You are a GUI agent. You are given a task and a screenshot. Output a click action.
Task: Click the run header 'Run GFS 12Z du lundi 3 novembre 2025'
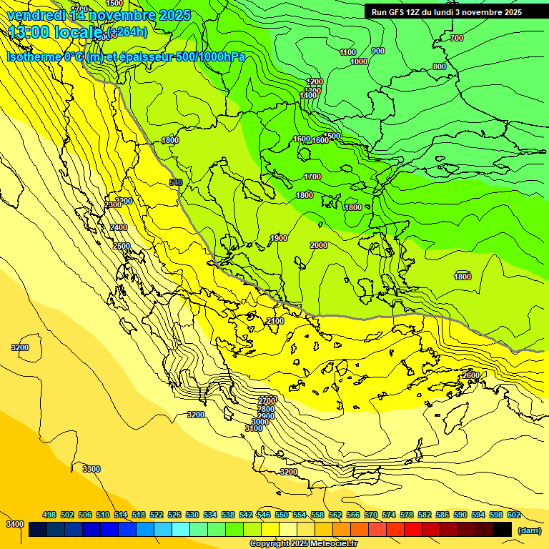coord(446,12)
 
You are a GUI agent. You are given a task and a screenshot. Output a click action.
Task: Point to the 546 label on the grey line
coord(176,183)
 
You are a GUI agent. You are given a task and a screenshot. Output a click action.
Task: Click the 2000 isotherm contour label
coord(319,245)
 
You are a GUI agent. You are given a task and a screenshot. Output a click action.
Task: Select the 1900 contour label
coord(279,238)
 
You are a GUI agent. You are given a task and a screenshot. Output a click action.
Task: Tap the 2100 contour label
coord(275,321)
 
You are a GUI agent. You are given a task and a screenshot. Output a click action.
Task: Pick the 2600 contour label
coord(471,375)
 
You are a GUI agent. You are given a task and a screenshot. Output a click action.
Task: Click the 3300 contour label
coord(91,469)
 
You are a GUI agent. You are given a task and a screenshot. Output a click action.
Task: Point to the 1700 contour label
coord(312,177)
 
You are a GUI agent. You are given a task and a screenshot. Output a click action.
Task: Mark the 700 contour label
coord(457,38)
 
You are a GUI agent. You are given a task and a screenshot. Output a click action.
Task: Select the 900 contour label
coord(378,51)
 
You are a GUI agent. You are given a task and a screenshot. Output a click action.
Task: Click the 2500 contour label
coord(122,246)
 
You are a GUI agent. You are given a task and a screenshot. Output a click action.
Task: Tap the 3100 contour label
coord(253,428)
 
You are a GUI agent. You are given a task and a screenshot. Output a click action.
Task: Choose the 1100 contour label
coord(348,52)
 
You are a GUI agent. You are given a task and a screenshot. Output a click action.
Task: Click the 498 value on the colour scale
coord(49,515)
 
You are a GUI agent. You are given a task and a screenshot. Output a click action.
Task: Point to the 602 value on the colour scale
coord(513,515)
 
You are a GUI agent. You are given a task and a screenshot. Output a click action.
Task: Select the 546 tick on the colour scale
coord(264,515)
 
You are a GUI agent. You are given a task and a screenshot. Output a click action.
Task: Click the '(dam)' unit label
coord(529,530)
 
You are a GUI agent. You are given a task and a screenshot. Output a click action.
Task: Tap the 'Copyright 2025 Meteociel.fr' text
coord(303,543)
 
